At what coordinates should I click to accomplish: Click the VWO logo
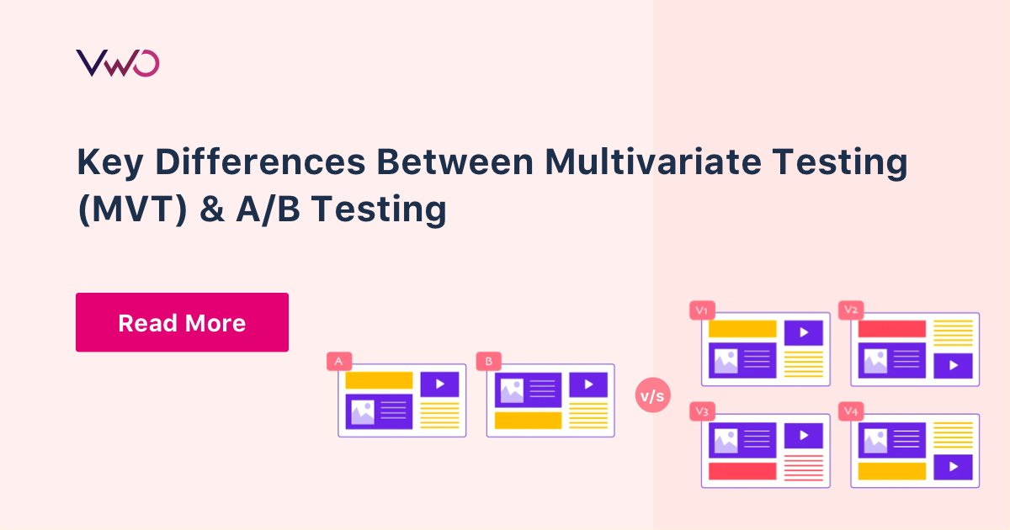point(118,63)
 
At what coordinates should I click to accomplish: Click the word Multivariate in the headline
point(653,162)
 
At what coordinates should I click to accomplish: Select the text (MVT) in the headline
point(133,209)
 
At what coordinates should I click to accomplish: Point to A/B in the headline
point(268,209)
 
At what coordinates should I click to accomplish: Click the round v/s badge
point(652,395)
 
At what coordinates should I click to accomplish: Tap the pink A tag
point(339,362)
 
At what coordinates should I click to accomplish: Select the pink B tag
point(489,362)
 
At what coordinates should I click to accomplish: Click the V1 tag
point(702,310)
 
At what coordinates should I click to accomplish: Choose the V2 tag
point(851,310)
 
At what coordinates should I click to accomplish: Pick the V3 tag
point(702,411)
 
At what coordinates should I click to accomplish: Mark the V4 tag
point(851,411)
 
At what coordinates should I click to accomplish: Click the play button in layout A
point(439,384)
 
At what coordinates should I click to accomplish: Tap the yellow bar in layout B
point(528,420)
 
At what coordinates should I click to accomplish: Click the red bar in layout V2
point(891,329)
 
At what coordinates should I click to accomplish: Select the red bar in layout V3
point(742,471)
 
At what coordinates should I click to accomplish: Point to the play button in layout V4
point(953,467)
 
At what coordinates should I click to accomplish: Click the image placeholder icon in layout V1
point(726,361)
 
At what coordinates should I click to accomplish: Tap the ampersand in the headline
point(212,209)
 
